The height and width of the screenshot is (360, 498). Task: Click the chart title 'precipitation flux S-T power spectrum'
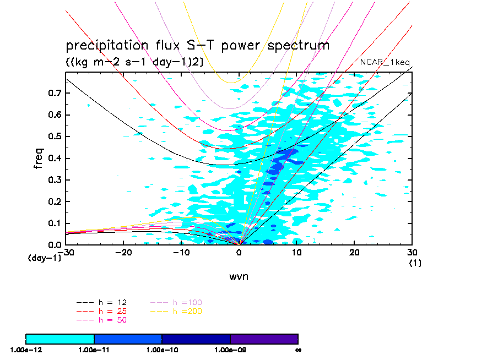point(197,45)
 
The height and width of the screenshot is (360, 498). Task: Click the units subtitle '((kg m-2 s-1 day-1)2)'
point(134,62)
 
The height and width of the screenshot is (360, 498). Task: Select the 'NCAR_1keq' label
point(385,62)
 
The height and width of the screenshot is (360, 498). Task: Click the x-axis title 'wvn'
point(239,276)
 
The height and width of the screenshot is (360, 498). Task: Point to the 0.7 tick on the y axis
point(53,93)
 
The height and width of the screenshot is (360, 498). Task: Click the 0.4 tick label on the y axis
point(53,159)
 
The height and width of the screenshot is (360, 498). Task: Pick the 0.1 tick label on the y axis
point(53,223)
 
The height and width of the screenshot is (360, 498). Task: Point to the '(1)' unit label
point(415,263)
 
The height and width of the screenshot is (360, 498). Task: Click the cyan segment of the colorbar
point(60,339)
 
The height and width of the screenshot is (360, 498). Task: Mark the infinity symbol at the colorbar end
point(297,350)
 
